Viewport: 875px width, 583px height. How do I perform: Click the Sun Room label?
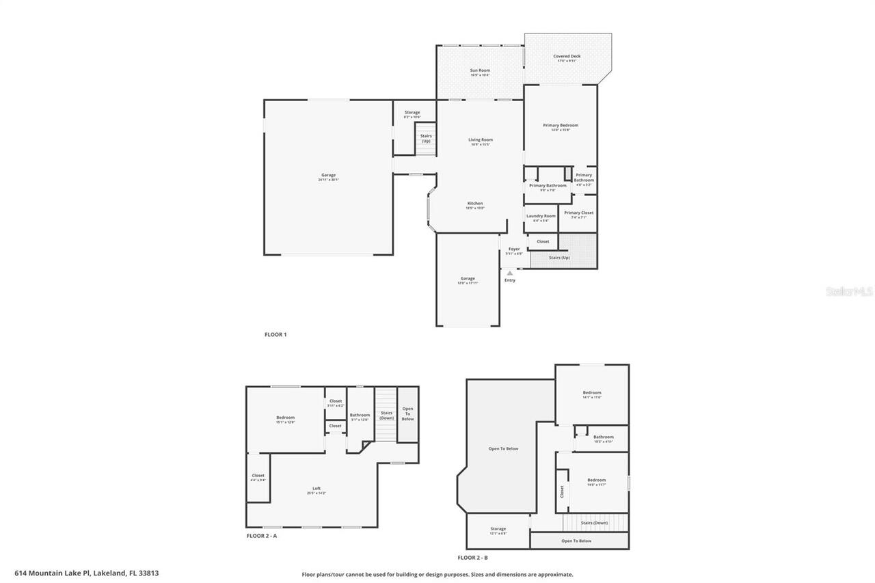pyautogui.click(x=480, y=71)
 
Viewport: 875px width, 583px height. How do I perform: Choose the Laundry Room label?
pyautogui.click(x=541, y=217)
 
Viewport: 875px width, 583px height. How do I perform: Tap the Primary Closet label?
pyautogui.click(x=579, y=213)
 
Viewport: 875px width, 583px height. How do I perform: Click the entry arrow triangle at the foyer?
pyautogui.click(x=509, y=273)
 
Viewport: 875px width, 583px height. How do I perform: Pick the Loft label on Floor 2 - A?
pyautogui.click(x=317, y=489)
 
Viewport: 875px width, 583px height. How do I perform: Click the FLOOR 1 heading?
pyautogui.click(x=275, y=334)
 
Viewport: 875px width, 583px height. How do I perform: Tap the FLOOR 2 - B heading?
pyautogui.click(x=477, y=558)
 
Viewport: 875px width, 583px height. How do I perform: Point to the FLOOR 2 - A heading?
pyautogui.click(x=262, y=536)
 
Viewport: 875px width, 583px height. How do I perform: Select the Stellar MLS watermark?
pyautogui.click(x=849, y=291)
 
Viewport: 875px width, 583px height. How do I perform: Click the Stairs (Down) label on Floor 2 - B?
pyautogui.click(x=595, y=522)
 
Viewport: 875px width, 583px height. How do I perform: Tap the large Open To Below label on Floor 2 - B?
pyautogui.click(x=503, y=448)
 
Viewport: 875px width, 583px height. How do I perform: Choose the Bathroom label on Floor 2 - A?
pyautogui.click(x=360, y=416)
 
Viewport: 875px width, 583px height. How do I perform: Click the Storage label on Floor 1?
pyautogui.click(x=412, y=113)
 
